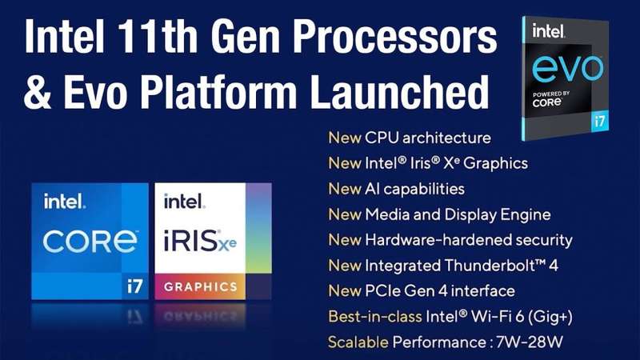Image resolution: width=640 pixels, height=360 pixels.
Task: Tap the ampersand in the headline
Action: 38,92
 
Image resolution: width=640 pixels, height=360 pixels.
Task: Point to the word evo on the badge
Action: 567,67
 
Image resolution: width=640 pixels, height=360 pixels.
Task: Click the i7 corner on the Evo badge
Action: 599,122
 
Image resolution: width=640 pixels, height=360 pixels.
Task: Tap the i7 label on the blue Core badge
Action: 134,286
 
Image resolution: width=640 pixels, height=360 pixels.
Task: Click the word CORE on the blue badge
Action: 90,242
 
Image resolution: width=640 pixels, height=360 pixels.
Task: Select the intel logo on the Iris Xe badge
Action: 184,202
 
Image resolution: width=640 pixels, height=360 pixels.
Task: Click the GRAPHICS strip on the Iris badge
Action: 201,286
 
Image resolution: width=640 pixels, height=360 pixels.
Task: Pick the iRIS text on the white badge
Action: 191,240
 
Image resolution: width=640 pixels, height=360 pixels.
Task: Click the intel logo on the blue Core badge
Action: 65,202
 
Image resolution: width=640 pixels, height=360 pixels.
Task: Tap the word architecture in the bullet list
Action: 446,138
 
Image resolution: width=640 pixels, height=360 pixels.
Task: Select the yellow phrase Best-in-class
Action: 374,316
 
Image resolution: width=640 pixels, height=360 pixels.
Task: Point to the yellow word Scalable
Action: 358,342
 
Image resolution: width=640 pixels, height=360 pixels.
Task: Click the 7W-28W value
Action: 530,342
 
